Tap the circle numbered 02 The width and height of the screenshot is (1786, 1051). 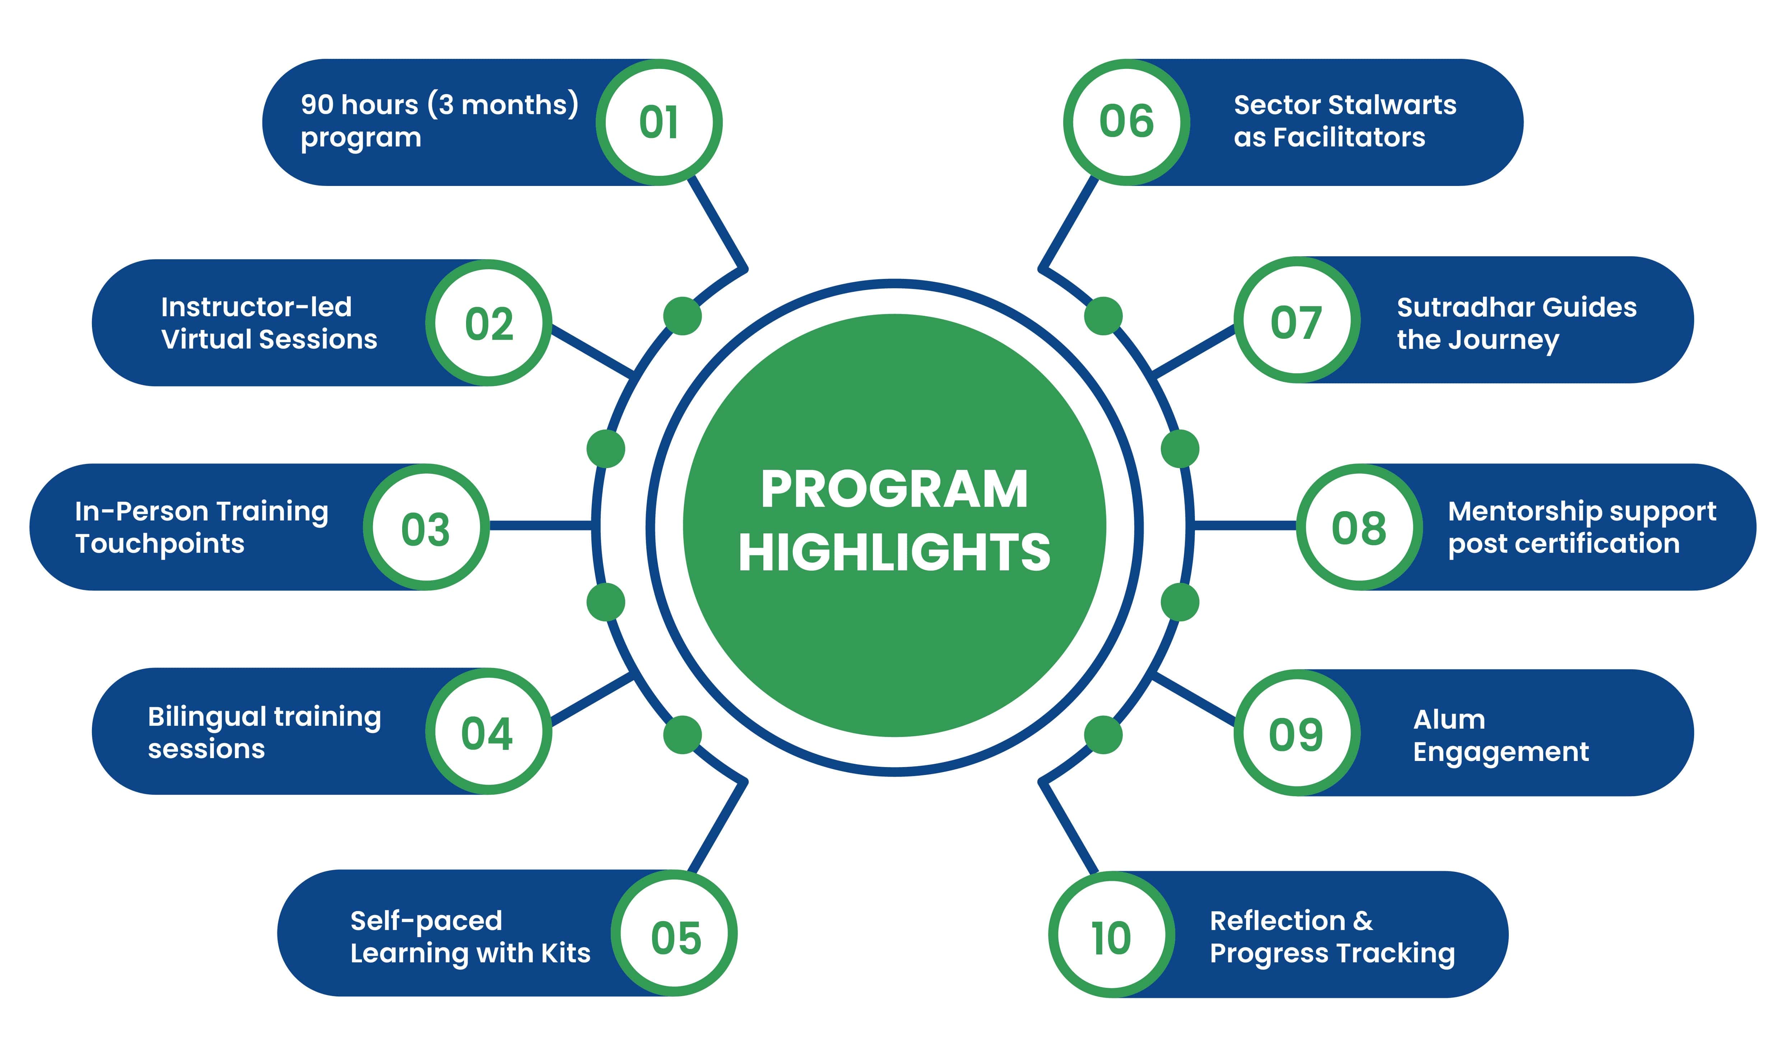488,323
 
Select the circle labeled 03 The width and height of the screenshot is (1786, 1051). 426,527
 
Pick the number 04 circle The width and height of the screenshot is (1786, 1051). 488,732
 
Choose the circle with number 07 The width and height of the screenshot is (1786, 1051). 1297,320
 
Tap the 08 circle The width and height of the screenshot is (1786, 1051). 1359,527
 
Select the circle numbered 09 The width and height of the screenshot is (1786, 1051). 1297,733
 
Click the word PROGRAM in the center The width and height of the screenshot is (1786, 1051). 894,490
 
